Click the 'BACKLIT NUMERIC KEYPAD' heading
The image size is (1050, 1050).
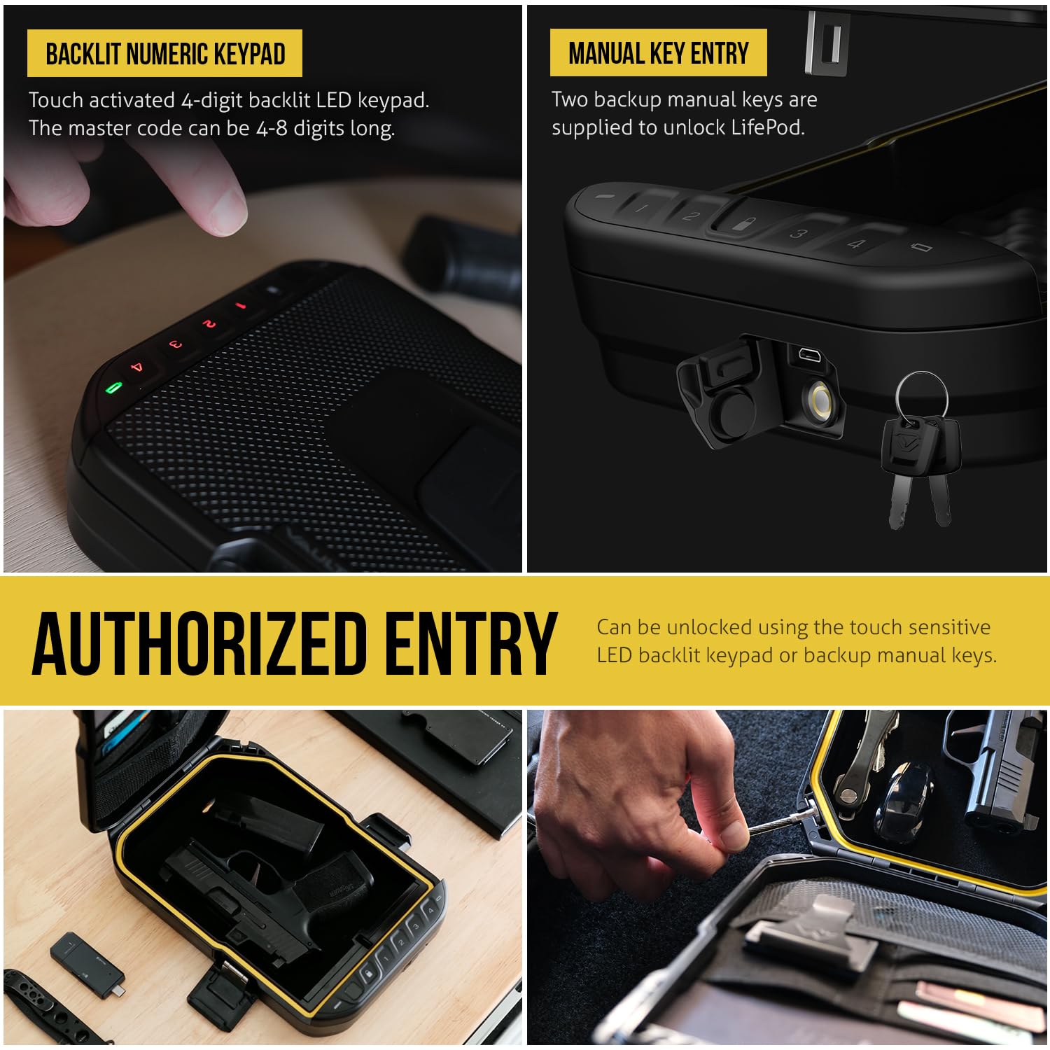165,54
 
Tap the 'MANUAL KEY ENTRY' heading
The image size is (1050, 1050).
659,53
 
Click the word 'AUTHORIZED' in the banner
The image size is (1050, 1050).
199,643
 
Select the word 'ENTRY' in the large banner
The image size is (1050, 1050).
471,643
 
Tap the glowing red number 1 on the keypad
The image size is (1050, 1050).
240,306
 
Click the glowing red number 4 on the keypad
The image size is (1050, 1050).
137,367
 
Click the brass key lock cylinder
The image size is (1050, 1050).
819,402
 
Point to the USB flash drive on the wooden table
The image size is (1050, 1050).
87,961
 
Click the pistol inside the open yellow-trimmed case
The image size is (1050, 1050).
269,885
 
